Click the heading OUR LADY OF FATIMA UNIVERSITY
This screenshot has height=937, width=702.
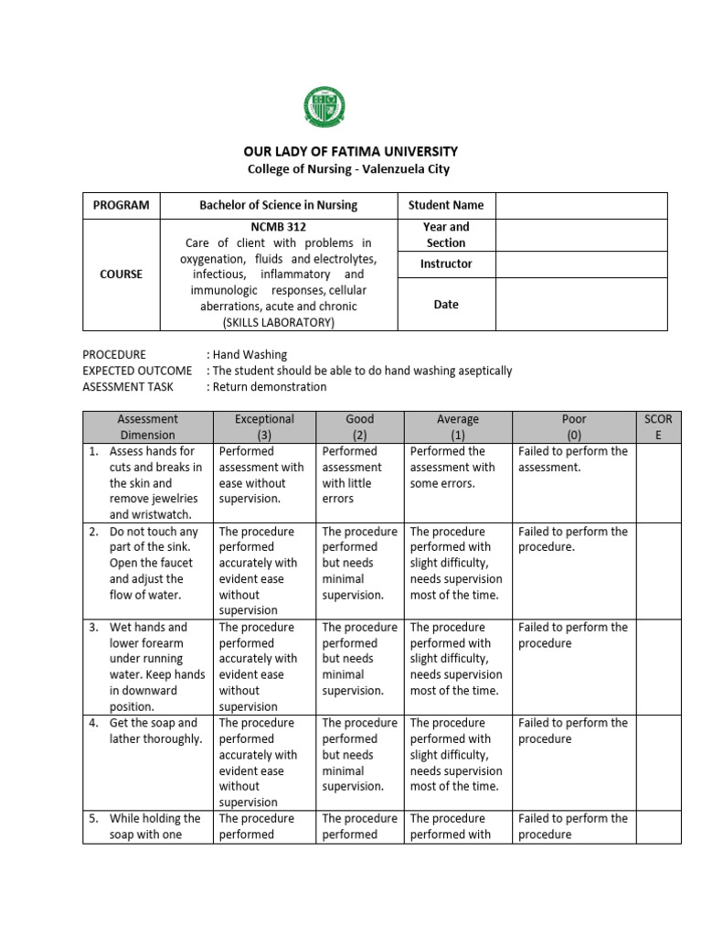[349, 151]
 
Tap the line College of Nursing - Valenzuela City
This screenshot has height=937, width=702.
[349, 169]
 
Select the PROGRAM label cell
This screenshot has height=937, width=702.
[121, 205]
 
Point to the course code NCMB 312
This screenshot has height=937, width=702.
[278, 226]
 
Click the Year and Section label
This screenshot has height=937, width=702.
[446, 234]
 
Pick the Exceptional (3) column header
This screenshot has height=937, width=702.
[264, 426]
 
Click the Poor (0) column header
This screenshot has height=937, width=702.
[573, 426]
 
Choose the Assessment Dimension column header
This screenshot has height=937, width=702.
[147, 426]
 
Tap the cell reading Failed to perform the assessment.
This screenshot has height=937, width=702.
[572, 459]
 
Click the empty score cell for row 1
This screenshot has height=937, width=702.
[658, 482]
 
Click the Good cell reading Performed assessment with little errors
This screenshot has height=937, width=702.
[359, 475]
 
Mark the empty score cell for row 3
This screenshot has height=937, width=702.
[658, 666]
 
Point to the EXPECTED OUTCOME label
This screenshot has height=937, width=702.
[137, 371]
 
